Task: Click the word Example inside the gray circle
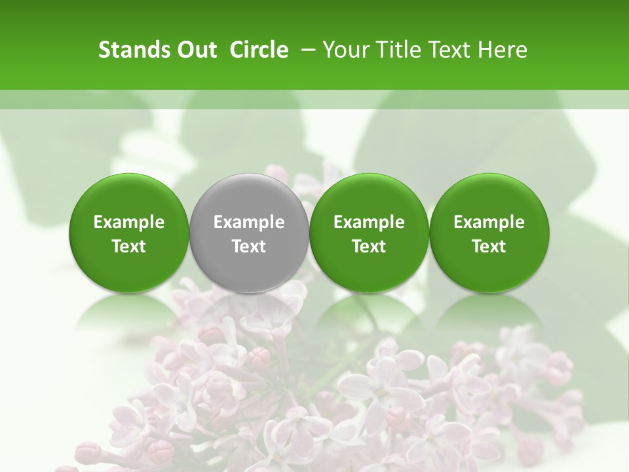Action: coord(249,222)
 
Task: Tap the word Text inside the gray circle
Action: coord(249,246)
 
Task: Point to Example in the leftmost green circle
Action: coord(129,222)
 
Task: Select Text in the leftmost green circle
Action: coord(129,246)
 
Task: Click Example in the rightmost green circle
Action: coord(489,222)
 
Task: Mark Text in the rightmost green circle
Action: coord(489,246)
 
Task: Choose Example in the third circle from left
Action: coord(369,222)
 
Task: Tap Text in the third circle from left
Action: coord(369,246)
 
